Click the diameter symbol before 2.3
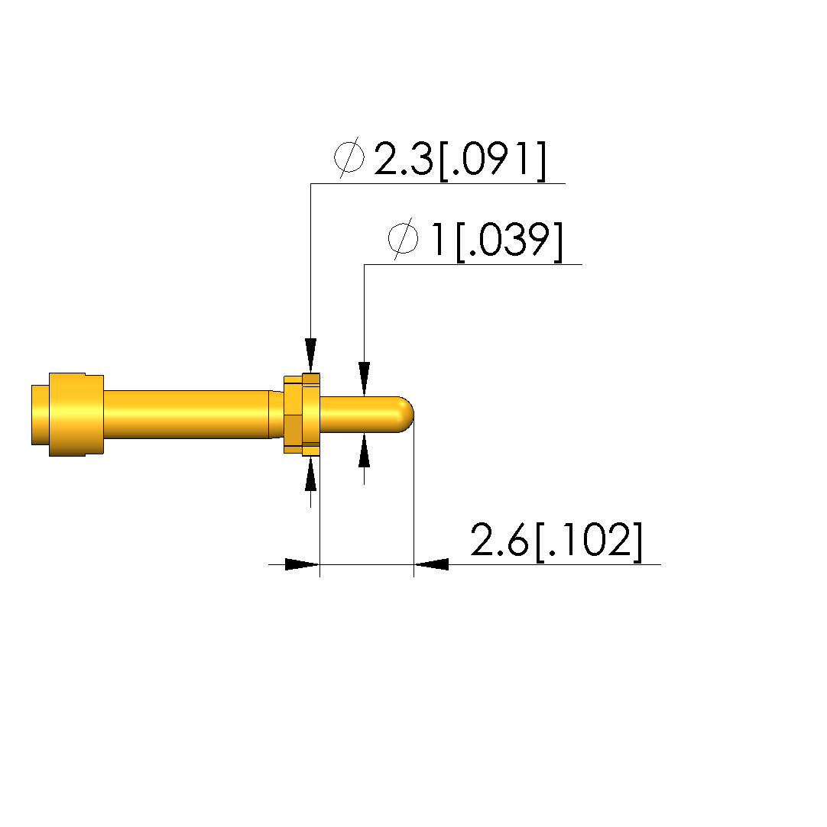(349, 157)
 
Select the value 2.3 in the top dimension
(404, 158)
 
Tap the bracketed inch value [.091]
(492, 160)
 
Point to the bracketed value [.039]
(509, 241)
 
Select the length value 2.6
(499, 540)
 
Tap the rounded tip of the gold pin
(407, 414)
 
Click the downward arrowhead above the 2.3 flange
(311, 355)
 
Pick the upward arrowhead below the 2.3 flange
(311, 473)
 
